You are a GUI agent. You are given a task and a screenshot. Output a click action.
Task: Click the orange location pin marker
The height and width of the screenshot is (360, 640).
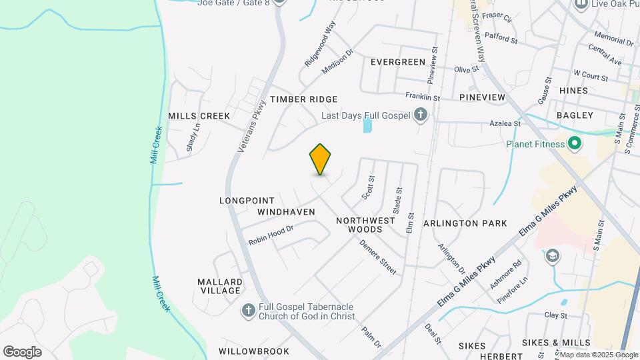pos(321,159)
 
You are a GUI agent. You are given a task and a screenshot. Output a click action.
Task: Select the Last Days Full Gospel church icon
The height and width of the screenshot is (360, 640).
pos(421,115)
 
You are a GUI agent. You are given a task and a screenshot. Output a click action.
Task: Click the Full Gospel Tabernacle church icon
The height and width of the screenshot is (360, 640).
pos(248,311)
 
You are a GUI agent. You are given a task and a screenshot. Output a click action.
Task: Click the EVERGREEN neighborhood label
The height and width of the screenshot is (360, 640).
pos(398,62)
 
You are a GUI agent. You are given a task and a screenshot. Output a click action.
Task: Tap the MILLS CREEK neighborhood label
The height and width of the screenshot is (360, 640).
pos(199,116)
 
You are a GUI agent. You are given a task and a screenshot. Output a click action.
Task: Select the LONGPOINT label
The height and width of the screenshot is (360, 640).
pos(247,200)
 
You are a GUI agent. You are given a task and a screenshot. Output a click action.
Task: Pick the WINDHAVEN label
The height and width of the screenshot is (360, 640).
pos(285,211)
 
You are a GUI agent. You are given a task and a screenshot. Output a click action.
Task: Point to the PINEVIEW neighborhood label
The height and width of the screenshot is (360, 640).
pos(483,97)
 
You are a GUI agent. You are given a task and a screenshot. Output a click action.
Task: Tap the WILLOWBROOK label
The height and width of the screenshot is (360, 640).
pos(254,351)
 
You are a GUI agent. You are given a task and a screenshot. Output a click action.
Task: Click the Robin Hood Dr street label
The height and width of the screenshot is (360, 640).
pos(271,234)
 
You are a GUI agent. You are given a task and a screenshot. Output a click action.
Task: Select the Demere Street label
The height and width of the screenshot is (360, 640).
pos(378,257)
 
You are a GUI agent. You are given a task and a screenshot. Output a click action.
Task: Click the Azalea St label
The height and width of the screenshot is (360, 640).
pos(505,124)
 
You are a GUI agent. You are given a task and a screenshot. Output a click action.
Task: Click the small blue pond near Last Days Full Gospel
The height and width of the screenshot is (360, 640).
pos(367,125)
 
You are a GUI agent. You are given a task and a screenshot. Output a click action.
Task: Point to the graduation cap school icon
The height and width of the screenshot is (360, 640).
pos(553,256)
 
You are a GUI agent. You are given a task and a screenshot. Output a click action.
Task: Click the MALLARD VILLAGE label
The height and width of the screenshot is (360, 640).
pos(219,286)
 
